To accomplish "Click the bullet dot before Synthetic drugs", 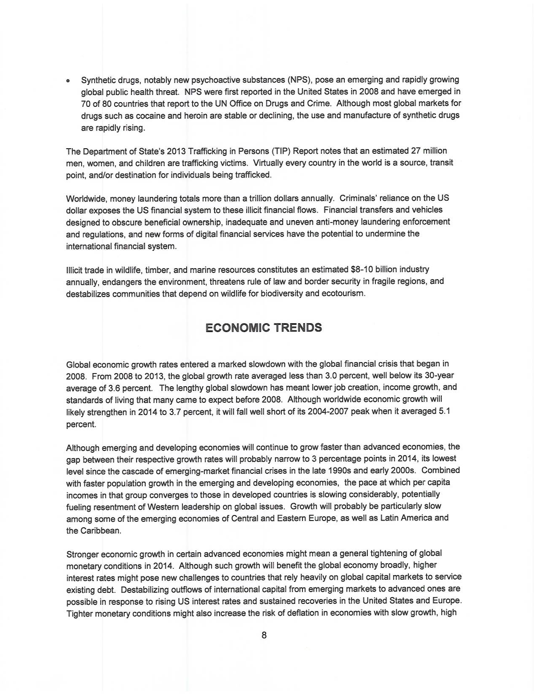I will (68, 81).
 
